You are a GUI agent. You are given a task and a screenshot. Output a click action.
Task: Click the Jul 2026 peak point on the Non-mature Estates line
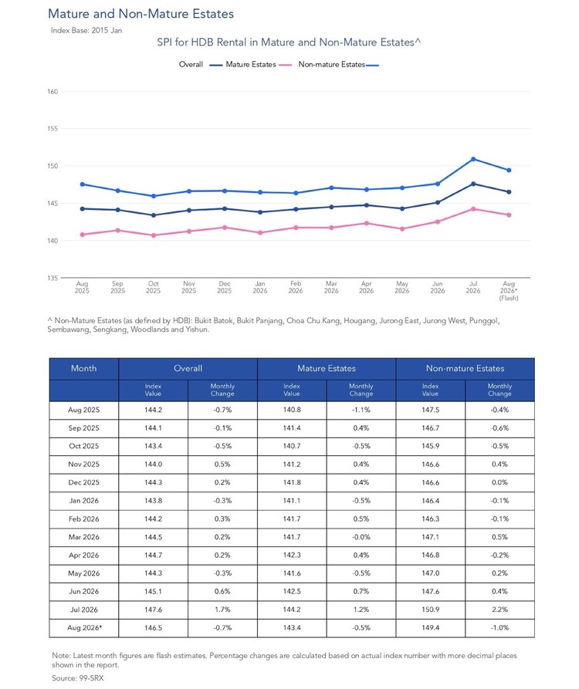click(473, 159)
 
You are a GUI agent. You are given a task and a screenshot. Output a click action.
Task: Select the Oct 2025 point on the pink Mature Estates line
click(154, 235)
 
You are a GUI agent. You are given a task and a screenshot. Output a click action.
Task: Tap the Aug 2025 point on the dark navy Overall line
click(82, 209)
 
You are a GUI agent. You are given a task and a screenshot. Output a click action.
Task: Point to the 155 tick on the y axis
click(52, 129)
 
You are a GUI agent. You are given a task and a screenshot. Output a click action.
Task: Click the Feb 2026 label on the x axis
click(296, 287)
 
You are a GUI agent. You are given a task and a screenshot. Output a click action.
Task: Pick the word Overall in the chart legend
click(191, 64)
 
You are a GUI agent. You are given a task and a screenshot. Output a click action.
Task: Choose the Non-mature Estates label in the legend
click(331, 64)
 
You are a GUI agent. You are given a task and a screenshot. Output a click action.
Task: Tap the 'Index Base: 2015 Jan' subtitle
click(86, 30)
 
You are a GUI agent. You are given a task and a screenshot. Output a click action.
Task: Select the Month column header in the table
click(83, 368)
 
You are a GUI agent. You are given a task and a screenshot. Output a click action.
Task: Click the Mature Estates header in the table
click(327, 368)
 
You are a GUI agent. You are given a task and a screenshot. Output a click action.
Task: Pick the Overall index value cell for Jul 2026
click(153, 610)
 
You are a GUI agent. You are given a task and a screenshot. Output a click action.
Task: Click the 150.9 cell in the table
click(431, 610)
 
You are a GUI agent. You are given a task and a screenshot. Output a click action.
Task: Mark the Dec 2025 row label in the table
click(83, 482)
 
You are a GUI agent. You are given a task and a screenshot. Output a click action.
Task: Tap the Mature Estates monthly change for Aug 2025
click(361, 410)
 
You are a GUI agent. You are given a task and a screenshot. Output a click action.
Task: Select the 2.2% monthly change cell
click(499, 610)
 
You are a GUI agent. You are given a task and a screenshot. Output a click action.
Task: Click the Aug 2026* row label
click(84, 627)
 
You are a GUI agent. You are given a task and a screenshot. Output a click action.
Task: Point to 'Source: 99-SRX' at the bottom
click(78, 678)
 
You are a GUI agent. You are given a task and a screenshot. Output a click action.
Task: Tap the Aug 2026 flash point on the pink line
click(509, 214)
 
